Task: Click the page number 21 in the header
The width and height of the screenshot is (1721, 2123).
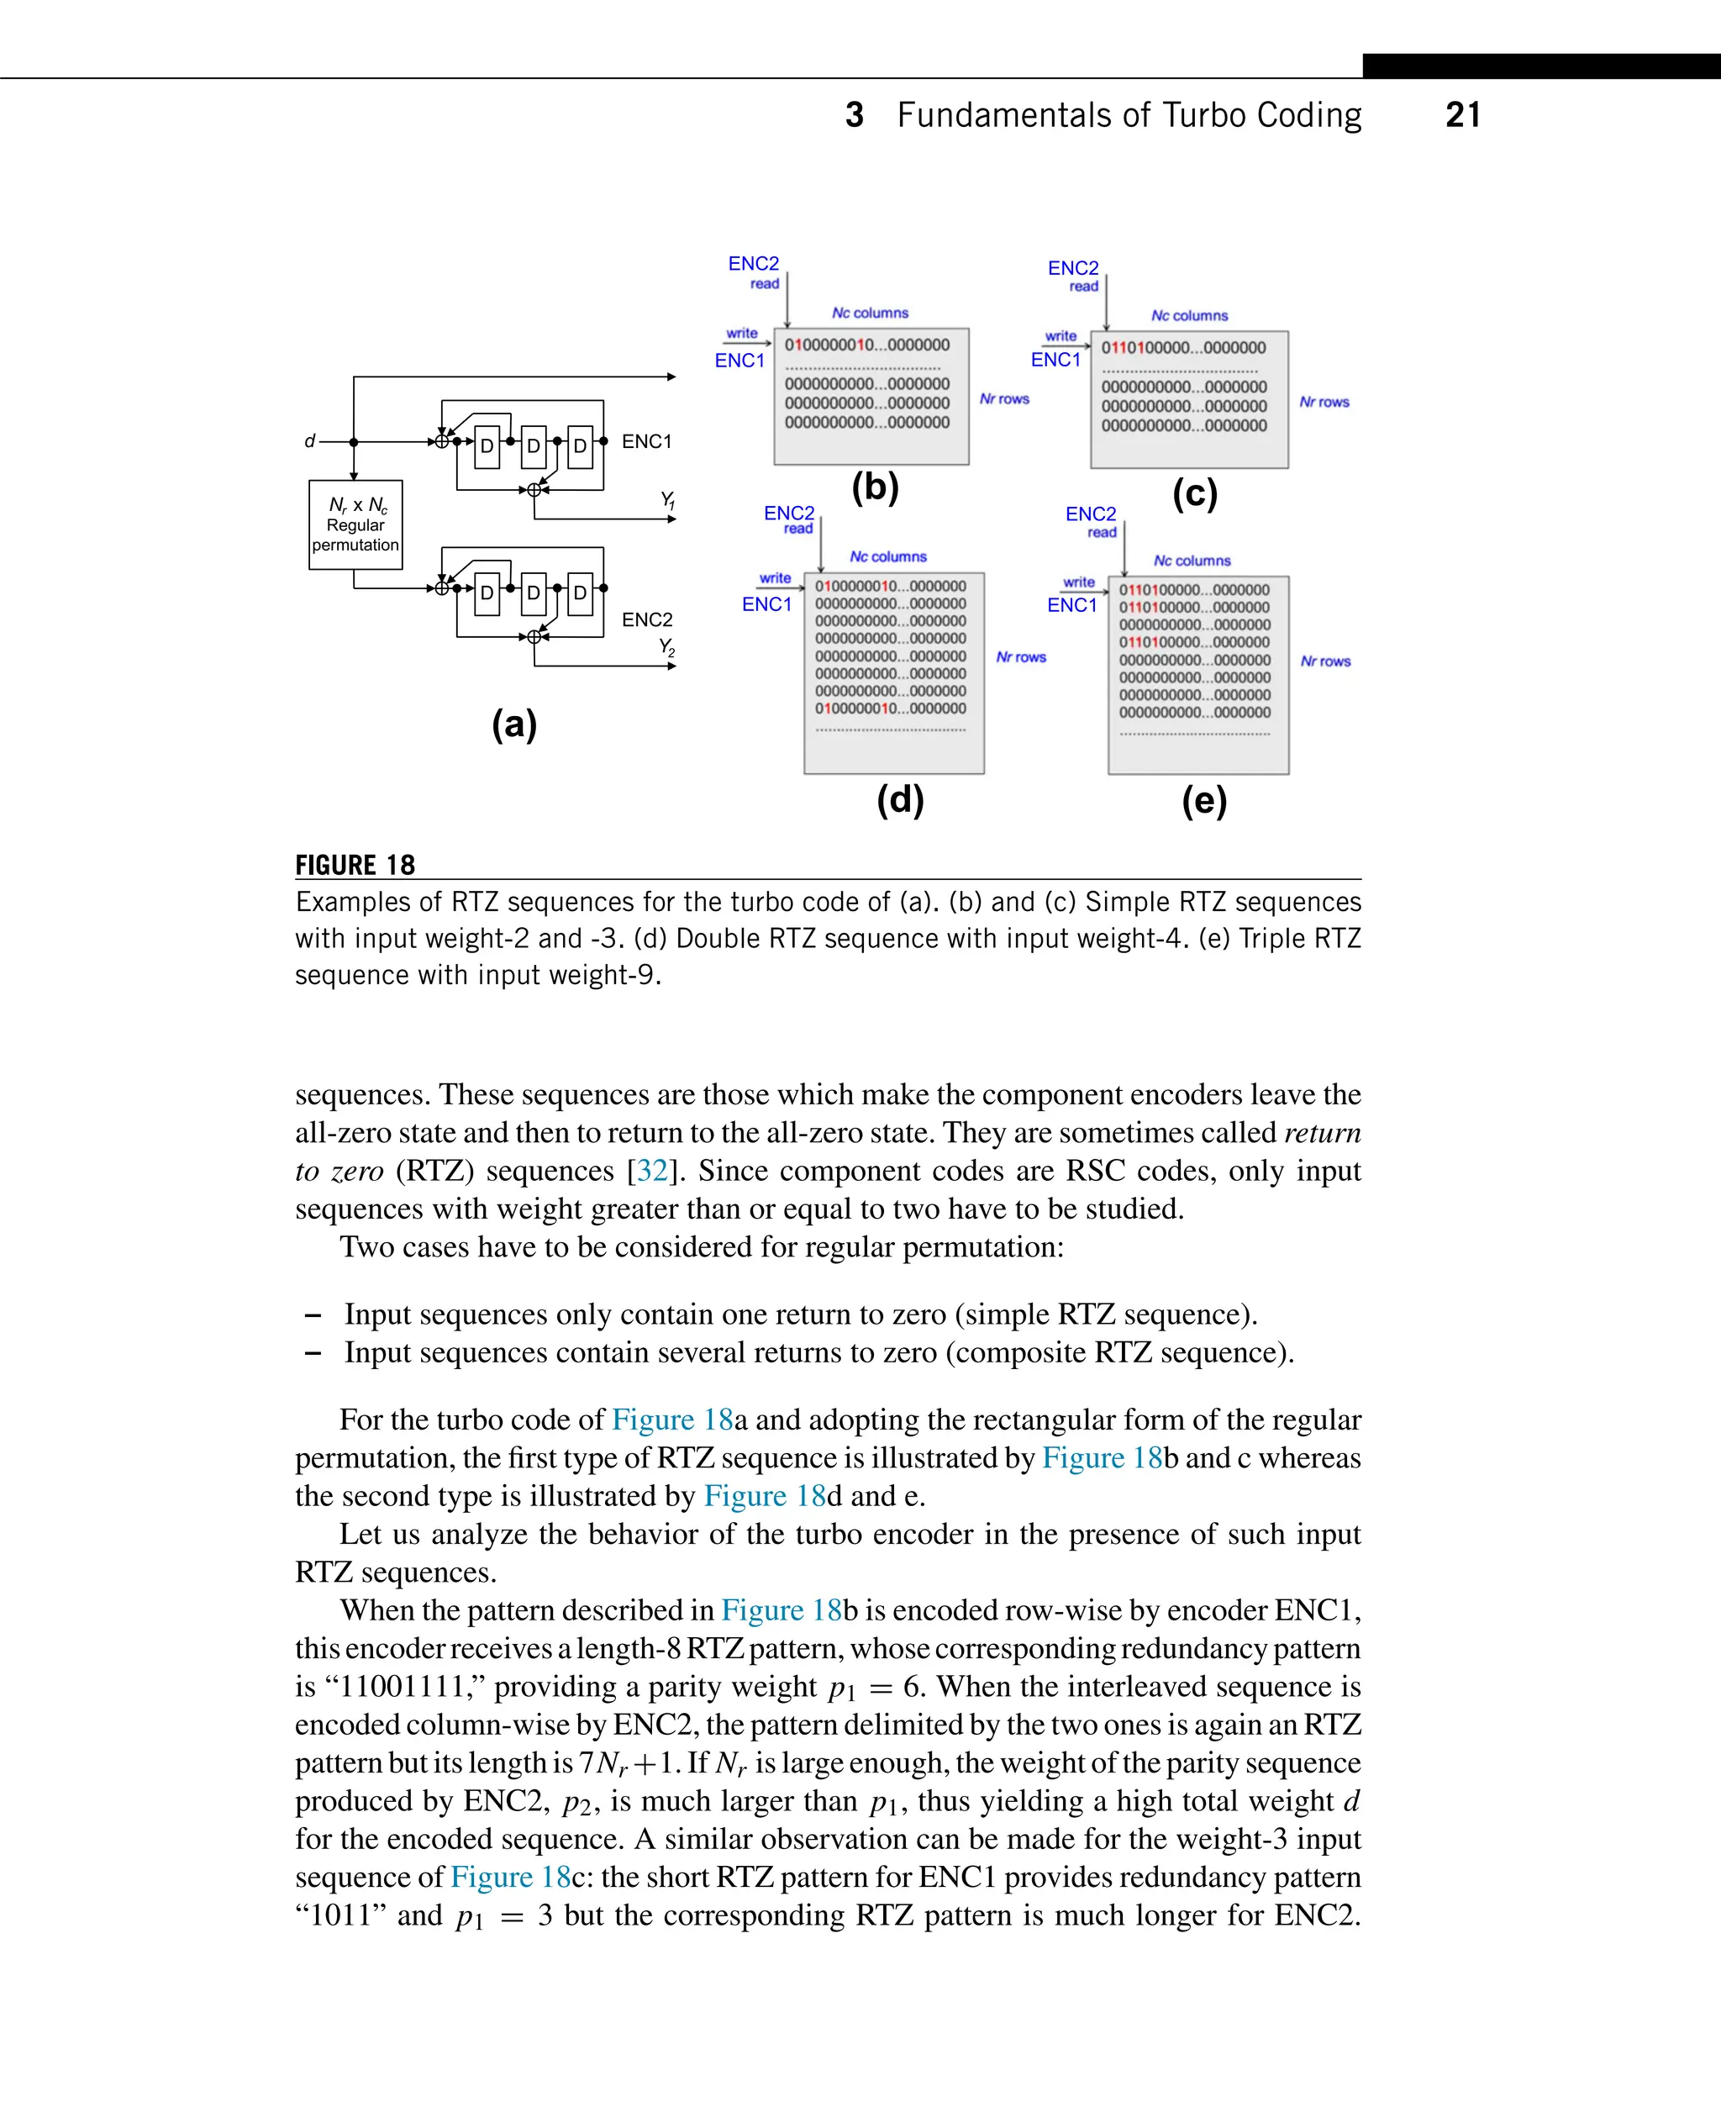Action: click(1462, 115)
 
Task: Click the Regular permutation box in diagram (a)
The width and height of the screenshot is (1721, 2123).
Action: click(355, 524)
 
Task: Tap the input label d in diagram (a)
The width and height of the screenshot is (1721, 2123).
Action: click(309, 441)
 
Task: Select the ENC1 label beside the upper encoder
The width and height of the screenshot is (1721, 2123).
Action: click(646, 441)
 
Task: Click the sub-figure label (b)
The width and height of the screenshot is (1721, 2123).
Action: click(875, 487)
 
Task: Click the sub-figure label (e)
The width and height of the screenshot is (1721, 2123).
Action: click(1203, 800)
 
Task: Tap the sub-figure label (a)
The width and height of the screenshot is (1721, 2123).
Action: click(513, 724)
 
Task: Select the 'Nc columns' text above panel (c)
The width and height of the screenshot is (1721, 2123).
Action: click(1188, 315)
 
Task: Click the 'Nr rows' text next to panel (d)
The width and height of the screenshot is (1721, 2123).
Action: click(1020, 657)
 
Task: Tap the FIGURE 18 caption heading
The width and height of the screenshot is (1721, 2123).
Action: click(355, 865)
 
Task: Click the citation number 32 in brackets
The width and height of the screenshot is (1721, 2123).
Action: click(651, 1171)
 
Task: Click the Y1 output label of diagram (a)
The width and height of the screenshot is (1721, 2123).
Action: click(668, 500)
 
